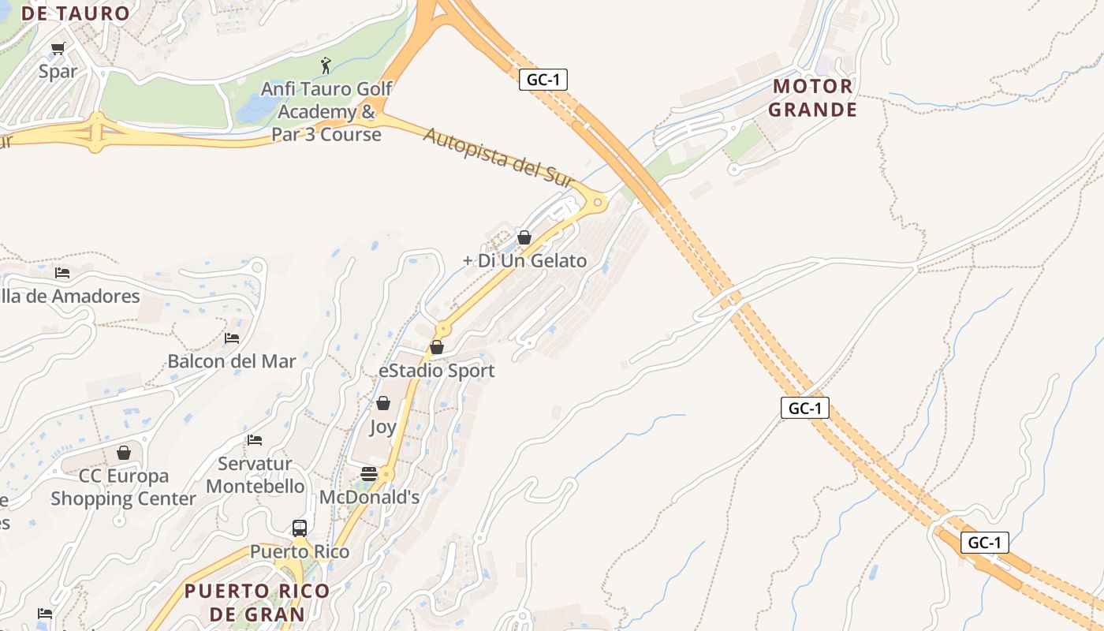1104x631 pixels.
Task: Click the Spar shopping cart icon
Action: coord(58,49)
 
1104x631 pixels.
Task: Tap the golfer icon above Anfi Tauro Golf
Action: coord(326,65)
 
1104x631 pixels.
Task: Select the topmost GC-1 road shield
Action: coord(543,79)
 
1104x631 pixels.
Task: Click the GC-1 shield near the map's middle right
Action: coord(805,408)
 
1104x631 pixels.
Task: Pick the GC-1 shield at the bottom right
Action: coord(985,543)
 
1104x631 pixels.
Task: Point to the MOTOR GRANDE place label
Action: coord(812,98)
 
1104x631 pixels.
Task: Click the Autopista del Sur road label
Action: coord(498,157)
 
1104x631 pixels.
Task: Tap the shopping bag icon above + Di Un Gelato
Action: coord(524,237)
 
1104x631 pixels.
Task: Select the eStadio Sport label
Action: coord(436,371)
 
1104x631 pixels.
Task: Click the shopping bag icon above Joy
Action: coord(383,404)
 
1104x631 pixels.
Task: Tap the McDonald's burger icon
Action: coord(368,474)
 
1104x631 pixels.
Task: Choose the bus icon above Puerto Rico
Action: coord(300,528)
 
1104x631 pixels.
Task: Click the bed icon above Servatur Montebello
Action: coord(254,440)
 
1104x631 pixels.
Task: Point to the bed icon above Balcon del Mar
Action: coord(231,338)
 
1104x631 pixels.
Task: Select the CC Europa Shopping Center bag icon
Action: coord(124,453)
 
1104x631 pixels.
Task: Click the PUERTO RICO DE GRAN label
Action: coord(256,602)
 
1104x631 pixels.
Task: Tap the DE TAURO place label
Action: coord(76,13)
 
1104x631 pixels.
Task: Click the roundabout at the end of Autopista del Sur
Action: coord(598,203)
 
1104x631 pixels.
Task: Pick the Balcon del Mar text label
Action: coord(232,361)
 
